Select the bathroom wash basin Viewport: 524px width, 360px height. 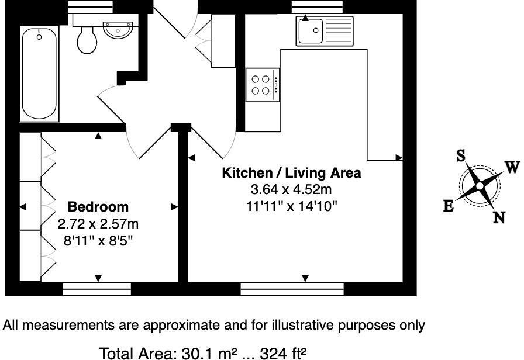pos(119,28)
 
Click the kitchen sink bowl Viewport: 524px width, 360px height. pos(311,31)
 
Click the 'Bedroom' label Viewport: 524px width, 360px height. pos(98,207)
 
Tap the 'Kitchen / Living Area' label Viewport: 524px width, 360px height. pos(291,174)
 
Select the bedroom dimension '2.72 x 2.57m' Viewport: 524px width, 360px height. pos(98,224)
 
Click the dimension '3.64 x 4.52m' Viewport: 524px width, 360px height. pos(291,190)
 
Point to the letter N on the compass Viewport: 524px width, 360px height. pos(499,217)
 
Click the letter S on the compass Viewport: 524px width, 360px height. pos(461,155)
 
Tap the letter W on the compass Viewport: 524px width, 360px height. pos(512,168)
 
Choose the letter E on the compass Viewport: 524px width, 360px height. pos(448,206)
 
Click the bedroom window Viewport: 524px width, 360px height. pos(97,287)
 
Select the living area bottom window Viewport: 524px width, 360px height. pos(292,287)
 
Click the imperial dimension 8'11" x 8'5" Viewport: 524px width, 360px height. pos(98,240)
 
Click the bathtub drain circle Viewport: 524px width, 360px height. pos(39,37)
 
